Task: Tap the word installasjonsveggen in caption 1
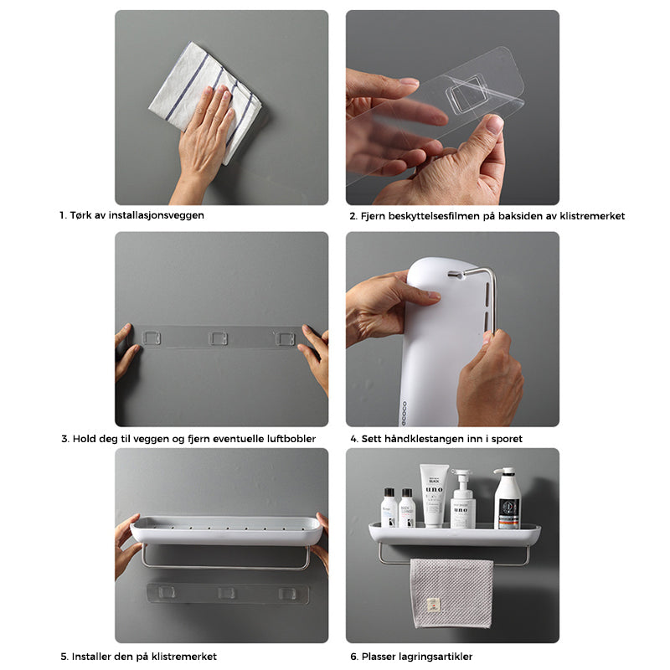coord(156,215)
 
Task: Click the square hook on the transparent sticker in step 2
coord(467,94)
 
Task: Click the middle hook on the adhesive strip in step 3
coord(219,338)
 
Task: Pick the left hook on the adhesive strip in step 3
coord(152,338)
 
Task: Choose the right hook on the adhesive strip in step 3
coord(285,338)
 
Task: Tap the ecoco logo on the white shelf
coord(405,413)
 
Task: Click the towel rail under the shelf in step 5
coord(225,567)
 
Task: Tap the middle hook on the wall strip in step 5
coord(226,593)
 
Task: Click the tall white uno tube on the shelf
coord(433,495)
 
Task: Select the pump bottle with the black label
coord(508,498)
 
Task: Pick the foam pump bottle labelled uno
coord(463,499)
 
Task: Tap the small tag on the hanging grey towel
coord(433,605)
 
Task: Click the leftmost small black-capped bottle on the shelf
coord(389,508)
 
